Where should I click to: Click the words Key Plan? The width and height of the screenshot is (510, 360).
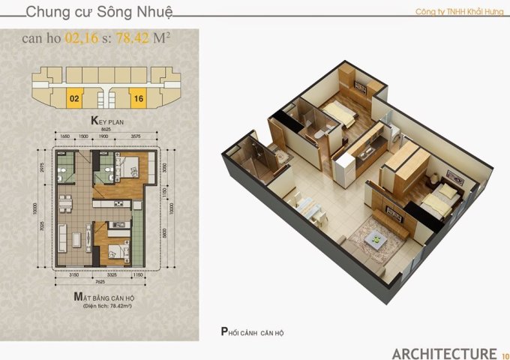(106, 120)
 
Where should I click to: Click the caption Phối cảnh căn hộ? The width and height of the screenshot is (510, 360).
(253, 331)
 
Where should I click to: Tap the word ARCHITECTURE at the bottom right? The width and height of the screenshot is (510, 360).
(444, 353)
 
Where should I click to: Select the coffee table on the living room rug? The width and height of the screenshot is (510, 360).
(379, 241)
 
